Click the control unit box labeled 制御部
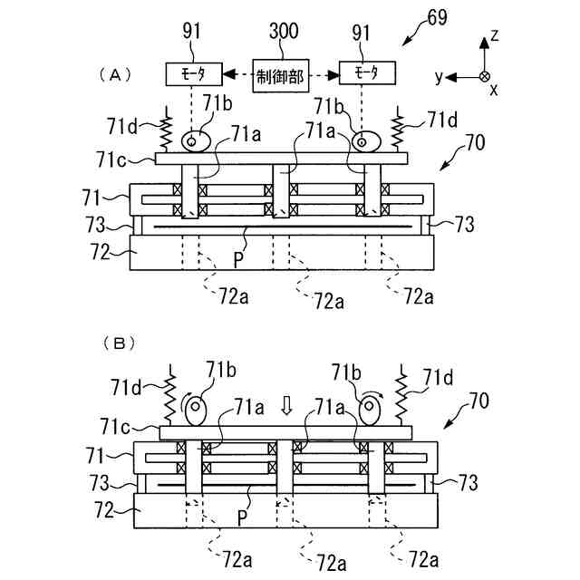[x=280, y=72]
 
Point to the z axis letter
[x=495, y=35]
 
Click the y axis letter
[x=439, y=78]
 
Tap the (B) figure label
[x=120, y=343]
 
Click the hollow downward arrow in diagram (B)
[x=287, y=405]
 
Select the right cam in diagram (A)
[x=364, y=140]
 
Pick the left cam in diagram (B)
[x=197, y=410]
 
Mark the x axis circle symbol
[x=485, y=77]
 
